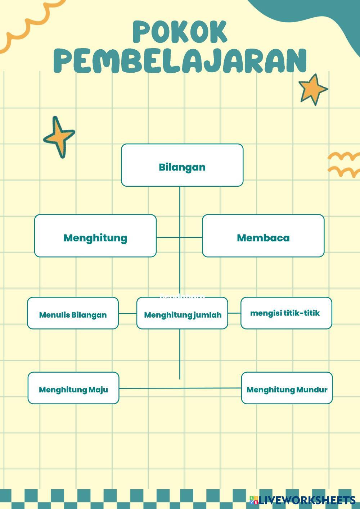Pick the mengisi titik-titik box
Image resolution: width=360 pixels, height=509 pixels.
click(x=286, y=313)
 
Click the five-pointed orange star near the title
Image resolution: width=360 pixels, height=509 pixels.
click(x=312, y=89)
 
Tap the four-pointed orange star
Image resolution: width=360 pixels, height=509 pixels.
click(x=59, y=137)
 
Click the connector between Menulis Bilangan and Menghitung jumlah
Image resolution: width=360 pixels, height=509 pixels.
click(x=127, y=313)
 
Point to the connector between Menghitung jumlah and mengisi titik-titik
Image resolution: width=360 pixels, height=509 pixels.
click(x=234, y=313)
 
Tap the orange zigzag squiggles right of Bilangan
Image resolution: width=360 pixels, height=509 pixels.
click(x=344, y=165)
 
